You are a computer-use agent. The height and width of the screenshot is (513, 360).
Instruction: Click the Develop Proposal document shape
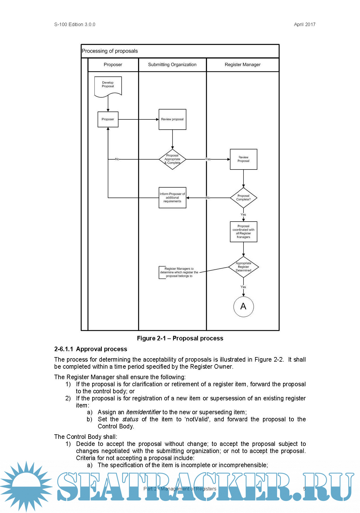coord(108,86)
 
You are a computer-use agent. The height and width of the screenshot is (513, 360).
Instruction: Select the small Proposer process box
coord(108,119)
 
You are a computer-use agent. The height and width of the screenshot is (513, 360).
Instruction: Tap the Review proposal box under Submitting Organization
coord(172,119)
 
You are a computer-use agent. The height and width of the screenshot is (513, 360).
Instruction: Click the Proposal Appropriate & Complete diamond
coord(172,159)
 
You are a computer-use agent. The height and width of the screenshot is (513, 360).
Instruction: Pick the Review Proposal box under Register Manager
coord(243,159)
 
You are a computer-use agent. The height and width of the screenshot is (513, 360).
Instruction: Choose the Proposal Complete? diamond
coord(243,198)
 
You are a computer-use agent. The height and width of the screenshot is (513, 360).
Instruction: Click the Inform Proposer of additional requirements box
coord(172,198)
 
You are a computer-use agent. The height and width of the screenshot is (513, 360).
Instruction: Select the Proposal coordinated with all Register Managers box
coord(243,231)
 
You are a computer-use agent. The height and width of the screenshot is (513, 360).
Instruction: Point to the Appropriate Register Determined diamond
coord(243,267)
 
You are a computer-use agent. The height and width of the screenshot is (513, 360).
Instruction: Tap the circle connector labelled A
coord(243,306)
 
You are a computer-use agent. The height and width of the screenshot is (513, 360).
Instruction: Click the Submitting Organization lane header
coord(172,65)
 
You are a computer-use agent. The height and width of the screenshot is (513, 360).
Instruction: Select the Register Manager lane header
coord(243,65)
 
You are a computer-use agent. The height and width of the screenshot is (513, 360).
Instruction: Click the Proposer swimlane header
coord(113,65)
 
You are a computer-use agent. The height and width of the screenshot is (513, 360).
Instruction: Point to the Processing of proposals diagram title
coord(110,51)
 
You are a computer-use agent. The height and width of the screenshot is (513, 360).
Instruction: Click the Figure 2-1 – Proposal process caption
coord(180,338)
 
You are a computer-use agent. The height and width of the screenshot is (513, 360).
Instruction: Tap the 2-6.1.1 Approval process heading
coord(90,349)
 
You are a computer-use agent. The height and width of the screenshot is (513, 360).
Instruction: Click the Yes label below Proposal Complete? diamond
coord(243,215)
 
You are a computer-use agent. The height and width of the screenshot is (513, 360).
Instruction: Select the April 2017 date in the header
coord(305,25)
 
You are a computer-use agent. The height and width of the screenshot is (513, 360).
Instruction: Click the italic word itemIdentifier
coord(143,412)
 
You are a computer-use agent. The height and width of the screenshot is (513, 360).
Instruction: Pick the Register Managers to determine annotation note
coord(179,272)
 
